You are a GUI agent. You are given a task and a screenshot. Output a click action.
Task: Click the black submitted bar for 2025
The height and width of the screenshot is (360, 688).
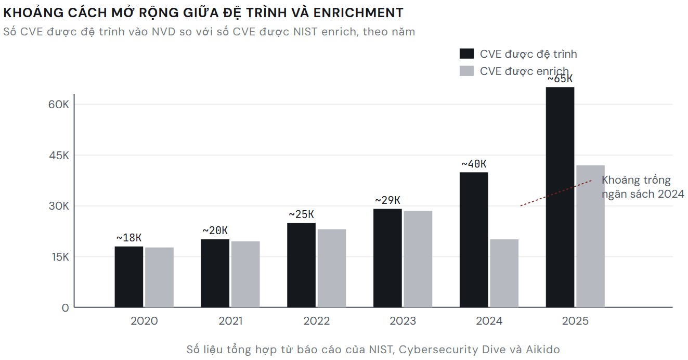(560, 197)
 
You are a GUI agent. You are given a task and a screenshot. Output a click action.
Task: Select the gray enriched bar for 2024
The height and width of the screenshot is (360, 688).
(504, 273)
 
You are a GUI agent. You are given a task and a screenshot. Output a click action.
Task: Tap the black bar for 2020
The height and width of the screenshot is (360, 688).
(128, 277)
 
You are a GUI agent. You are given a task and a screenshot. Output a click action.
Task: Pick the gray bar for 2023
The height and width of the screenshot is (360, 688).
(418, 259)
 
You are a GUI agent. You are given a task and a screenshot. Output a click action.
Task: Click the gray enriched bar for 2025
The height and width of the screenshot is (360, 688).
(590, 236)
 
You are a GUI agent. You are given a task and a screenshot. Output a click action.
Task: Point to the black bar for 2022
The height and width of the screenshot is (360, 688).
(301, 265)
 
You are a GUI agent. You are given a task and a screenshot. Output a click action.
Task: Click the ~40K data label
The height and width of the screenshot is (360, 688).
(474, 164)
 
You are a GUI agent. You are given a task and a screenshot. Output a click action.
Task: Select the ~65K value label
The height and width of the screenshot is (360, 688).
(560, 79)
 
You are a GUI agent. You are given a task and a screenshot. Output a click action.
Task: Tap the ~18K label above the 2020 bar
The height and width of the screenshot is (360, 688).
(128, 238)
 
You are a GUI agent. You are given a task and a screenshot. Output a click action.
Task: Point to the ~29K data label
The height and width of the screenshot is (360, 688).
(387, 200)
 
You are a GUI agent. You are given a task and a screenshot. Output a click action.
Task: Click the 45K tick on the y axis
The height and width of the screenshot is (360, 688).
(59, 156)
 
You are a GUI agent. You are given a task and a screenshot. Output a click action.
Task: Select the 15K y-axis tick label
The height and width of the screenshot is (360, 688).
(60, 257)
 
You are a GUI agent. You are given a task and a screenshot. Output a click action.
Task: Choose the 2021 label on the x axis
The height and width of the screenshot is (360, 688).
(230, 321)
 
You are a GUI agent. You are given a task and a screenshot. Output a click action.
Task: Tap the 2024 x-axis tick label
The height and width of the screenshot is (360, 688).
(489, 321)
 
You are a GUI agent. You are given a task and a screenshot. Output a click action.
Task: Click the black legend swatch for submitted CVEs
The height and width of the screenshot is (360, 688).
(466, 54)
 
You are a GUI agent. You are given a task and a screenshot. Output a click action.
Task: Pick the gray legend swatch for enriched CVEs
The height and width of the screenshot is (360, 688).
(466, 71)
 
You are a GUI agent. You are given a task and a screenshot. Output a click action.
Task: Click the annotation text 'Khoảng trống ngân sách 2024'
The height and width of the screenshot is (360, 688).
(643, 187)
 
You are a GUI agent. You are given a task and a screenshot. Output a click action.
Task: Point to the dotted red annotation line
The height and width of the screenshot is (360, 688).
(556, 193)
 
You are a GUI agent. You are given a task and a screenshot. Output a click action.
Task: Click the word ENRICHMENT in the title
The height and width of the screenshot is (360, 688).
(358, 13)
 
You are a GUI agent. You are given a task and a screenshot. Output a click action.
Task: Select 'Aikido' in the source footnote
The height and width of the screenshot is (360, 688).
(543, 350)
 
